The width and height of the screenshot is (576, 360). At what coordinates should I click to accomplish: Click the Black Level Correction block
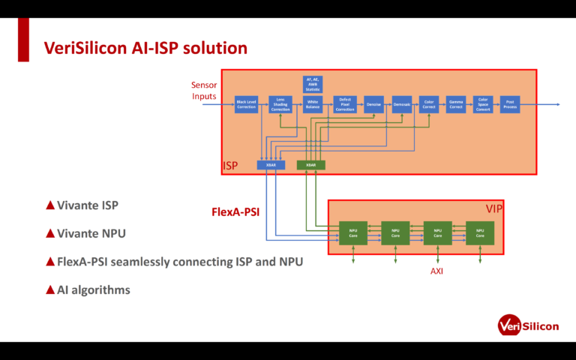(x=246, y=105)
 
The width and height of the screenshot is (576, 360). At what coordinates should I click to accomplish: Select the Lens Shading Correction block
(x=280, y=105)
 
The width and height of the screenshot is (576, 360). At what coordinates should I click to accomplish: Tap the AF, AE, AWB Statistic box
(x=313, y=84)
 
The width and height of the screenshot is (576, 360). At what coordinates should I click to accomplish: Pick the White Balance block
(x=313, y=105)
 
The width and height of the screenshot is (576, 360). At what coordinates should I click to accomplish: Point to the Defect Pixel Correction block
(x=345, y=105)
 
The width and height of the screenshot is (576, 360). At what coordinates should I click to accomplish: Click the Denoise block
(x=373, y=105)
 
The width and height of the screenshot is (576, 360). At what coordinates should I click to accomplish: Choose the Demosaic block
(x=402, y=105)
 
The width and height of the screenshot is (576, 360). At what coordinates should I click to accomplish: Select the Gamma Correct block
(x=456, y=105)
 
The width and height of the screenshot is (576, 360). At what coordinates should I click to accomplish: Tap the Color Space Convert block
(x=483, y=105)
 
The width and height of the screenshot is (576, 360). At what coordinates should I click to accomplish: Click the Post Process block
(x=510, y=105)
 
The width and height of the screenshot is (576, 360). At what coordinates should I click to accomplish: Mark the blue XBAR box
(x=270, y=165)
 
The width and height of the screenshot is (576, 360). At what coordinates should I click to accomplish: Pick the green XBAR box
(x=310, y=165)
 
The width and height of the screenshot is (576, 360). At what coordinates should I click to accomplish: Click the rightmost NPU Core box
(x=480, y=233)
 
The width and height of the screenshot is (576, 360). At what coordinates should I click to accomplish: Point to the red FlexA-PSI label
(x=235, y=212)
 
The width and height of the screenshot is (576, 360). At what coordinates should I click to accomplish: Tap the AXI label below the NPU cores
(x=436, y=271)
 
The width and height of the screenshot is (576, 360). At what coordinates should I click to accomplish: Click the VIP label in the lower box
(x=493, y=209)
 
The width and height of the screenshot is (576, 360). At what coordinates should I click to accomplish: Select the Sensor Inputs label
(x=204, y=91)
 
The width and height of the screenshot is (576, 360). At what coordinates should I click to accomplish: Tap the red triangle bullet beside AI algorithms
(x=50, y=289)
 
